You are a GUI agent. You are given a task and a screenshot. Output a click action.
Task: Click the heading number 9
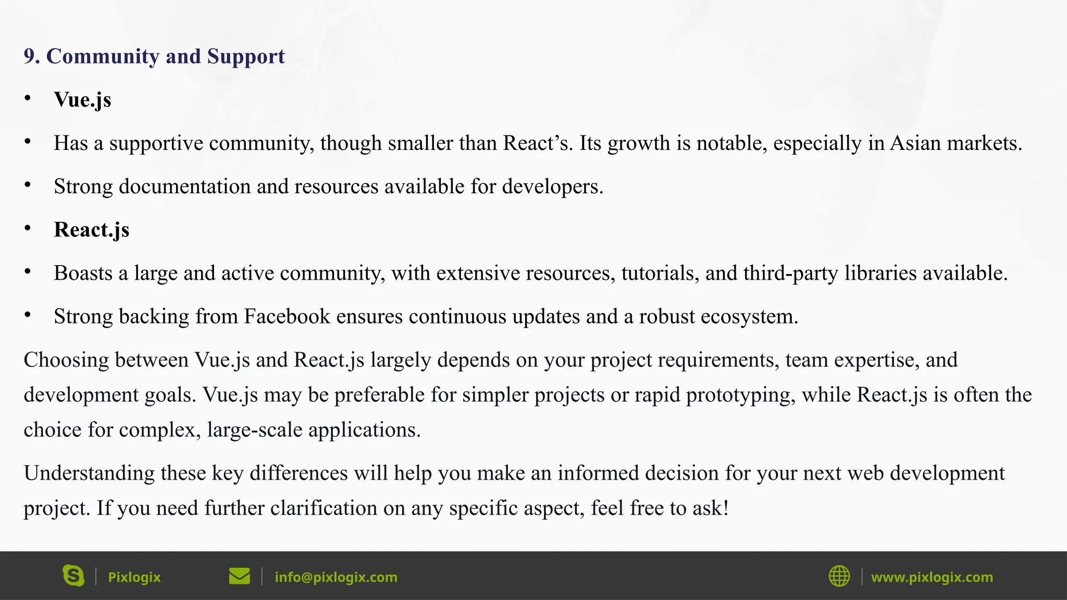point(32,56)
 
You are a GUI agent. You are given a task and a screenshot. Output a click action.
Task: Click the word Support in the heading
point(246,56)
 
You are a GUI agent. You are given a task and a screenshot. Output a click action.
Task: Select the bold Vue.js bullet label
point(82,99)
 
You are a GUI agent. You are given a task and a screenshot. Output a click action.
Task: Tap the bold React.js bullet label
point(92,230)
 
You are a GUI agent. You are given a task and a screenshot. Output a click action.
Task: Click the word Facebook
point(287,317)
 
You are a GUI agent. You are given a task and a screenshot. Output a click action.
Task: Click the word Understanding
point(89,473)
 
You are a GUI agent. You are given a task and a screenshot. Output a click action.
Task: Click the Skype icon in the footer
point(73,576)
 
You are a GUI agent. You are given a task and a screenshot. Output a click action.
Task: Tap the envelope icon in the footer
point(239,576)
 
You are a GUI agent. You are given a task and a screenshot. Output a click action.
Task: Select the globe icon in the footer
point(839,576)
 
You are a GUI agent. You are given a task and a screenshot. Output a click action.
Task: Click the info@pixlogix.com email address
point(336,577)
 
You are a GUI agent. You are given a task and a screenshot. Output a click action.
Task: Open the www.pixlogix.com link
point(932,577)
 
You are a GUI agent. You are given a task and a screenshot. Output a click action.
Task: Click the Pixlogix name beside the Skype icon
point(134,577)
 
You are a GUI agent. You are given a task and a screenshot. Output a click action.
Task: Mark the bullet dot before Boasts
point(28,271)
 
